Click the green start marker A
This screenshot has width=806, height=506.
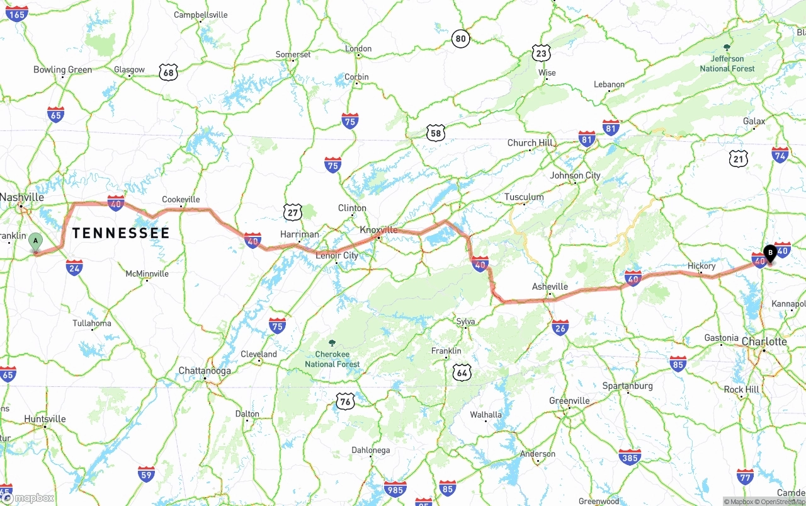36,241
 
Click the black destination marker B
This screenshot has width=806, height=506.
769,253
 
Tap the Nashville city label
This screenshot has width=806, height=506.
22,197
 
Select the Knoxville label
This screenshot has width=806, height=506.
378,230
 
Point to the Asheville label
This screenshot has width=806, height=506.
550,287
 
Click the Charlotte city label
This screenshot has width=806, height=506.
764,342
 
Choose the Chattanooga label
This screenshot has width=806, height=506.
205,371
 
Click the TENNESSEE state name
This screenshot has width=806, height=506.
121,233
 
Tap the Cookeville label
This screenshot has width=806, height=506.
181,200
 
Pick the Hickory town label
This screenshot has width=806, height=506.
701,266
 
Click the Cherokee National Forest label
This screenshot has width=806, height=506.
332,359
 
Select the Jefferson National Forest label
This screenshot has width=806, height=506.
727,63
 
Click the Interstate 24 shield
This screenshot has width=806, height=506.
74,267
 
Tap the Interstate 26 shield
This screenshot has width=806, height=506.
560,327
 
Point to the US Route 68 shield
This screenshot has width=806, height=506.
168,72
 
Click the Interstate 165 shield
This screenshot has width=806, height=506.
17,14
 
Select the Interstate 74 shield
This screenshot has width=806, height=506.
780,154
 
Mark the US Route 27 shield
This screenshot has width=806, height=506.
292,212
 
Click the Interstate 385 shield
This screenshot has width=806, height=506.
630,457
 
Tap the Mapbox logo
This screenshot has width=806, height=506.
28,498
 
